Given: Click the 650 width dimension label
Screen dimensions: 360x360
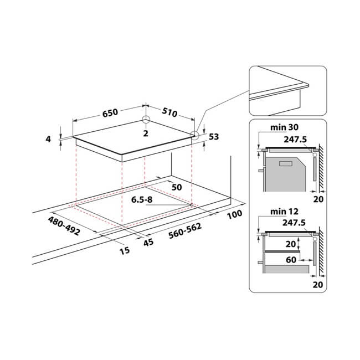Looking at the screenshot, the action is coord(110,113).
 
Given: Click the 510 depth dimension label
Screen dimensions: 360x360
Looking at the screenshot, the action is coord(169,112).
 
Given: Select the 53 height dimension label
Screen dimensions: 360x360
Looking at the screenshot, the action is coord(214,137).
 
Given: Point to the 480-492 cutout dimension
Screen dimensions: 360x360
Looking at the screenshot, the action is coord(64,226).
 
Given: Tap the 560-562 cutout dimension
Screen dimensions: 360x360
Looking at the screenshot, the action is coord(185,230).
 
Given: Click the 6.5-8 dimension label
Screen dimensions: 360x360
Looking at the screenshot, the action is coord(142,199).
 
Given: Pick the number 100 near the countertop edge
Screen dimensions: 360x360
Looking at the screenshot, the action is coord(234,214).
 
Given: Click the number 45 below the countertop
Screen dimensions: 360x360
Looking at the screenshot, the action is coord(148,242).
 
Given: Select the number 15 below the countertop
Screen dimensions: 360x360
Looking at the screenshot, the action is coord(125,250).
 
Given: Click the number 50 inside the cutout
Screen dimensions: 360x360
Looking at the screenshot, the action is coord(177,187).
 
